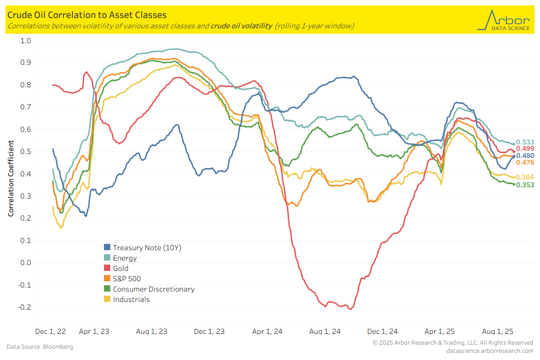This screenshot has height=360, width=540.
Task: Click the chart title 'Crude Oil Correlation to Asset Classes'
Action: pyautogui.click(x=87, y=16)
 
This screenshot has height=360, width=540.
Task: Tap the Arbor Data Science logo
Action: pyautogui.click(x=504, y=20)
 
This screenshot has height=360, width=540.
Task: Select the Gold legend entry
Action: pyautogui.click(x=120, y=268)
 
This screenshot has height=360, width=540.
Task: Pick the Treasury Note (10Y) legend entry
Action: pyautogui.click(x=147, y=247)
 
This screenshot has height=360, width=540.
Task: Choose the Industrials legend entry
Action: pyautogui.click(x=131, y=299)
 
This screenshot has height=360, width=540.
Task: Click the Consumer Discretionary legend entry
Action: pyautogui.click(x=153, y=289)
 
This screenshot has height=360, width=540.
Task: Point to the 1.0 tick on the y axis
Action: pyautogui.click(x=26, y=40)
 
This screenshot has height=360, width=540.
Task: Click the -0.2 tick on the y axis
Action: pyautogui.click(x=24, y=307)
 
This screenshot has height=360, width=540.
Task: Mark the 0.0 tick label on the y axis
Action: pyautogui.click(x=26, y=262)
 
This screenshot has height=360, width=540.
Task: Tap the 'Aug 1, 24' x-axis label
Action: pyautogui.click(x=325, y=332)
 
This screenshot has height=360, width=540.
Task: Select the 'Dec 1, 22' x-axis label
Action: pyautogui.click(x=50, y=332)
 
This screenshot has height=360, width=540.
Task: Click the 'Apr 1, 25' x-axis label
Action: pyautogui.click(x=440, y=332)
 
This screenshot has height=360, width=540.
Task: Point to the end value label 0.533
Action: pyautogui.click(x=525, y=142)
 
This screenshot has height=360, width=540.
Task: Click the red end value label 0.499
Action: pyautogui.click(x=525, y=148)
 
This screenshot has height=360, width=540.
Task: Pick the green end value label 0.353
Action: pyautogui.click(x=525, y=184)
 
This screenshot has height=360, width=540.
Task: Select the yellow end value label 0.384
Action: pyautogui.click(x=525, y=177)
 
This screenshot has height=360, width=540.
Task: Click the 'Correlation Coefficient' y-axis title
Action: pyautogui.click(x=11, y=178)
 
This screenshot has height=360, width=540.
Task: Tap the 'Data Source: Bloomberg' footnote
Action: pyautogui.click(x=40, y=347)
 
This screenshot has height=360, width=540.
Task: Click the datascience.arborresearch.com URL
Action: pyautogui.click(x=490, y=351)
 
